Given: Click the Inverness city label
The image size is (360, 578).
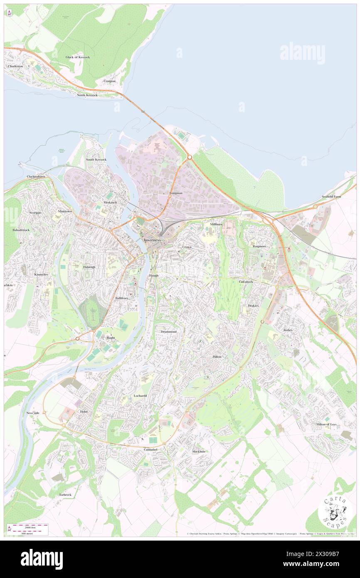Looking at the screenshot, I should tap(152, 240).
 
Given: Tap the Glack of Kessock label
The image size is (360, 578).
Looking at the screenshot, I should tap(77, 57).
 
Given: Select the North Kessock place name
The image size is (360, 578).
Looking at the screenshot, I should tap(87, 95).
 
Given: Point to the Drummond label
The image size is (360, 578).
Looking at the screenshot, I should tap(168, 331).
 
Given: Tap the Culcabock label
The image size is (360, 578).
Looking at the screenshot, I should tap(246, 282).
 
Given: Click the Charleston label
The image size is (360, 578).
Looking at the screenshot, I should tap(15, 66).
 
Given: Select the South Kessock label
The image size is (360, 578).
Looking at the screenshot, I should tap(96, 160).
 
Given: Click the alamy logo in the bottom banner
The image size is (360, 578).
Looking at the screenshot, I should tap(42, 559).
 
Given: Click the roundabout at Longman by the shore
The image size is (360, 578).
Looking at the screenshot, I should tap(189, 157).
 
